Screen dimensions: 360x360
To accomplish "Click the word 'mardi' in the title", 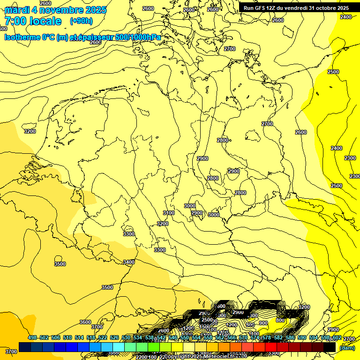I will click(17, 10).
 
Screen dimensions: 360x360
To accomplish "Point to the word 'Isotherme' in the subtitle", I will click(22, 37).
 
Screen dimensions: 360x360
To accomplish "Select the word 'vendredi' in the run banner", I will click(294, 8).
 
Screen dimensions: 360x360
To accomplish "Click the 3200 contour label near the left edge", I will click(30, 131).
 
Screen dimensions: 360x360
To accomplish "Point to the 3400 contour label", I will click(129, 262).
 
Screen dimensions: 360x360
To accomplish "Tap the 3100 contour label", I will click(169, 213).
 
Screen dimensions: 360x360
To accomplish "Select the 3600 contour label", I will click(85, 322).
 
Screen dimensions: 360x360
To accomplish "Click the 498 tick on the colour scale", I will click(32, 338).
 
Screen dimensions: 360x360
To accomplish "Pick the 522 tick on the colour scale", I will click(103, 338).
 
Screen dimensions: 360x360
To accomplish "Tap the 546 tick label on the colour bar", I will click(173, 338).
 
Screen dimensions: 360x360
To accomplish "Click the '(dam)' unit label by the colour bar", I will click(347, 347).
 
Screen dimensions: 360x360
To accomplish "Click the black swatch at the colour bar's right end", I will click(330, 347).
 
